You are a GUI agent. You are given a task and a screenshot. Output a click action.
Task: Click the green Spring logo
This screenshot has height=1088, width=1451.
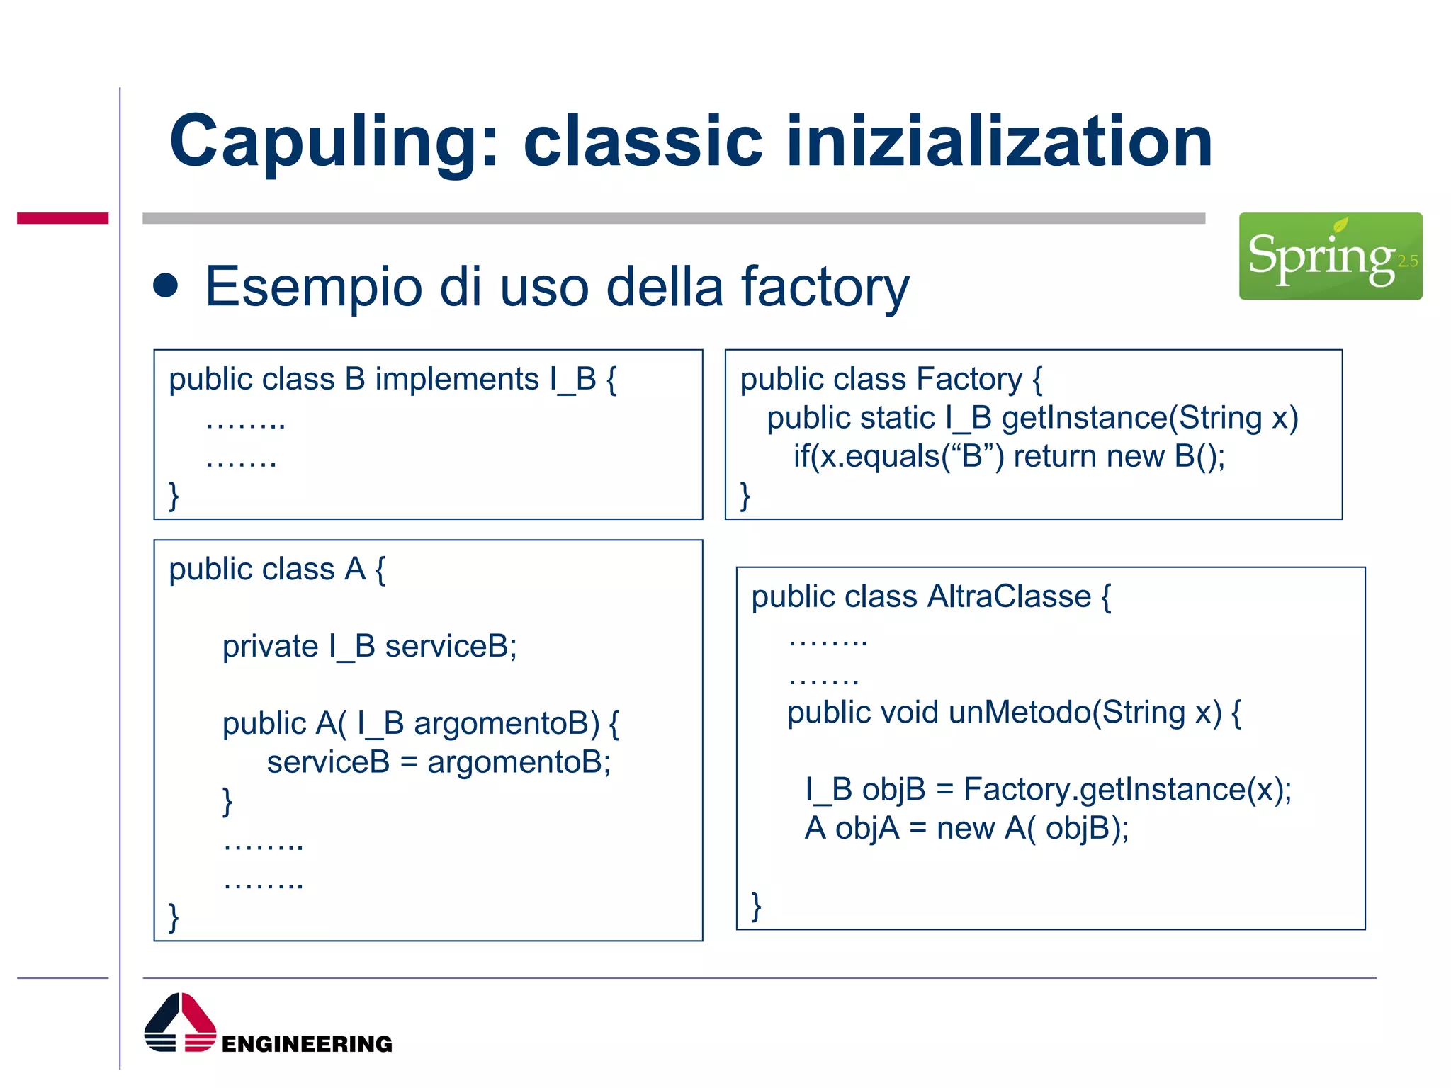1330,256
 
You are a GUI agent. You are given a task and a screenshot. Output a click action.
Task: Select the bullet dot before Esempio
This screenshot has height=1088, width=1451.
166,285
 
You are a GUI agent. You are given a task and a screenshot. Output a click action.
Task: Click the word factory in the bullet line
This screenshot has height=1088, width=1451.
825,287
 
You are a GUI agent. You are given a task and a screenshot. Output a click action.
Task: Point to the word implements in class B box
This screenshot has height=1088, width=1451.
457,379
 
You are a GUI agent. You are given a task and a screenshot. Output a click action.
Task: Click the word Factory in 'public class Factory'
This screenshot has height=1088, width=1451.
969,379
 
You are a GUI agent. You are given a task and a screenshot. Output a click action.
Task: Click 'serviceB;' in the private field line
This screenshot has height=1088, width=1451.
451,646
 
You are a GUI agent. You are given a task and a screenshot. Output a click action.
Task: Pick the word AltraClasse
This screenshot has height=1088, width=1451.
1009,596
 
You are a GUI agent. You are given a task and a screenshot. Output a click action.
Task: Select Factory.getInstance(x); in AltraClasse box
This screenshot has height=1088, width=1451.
1127,789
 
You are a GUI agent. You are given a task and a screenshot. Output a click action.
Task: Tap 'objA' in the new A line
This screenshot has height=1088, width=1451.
867,828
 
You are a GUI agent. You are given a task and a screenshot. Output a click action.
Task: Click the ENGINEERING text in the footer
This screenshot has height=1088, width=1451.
307,1043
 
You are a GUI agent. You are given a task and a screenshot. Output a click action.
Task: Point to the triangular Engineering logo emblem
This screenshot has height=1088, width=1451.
180,1022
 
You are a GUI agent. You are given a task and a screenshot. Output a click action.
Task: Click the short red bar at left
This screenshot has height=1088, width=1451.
62,218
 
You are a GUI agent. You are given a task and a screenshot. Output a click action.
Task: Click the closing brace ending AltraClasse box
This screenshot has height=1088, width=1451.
756,906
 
